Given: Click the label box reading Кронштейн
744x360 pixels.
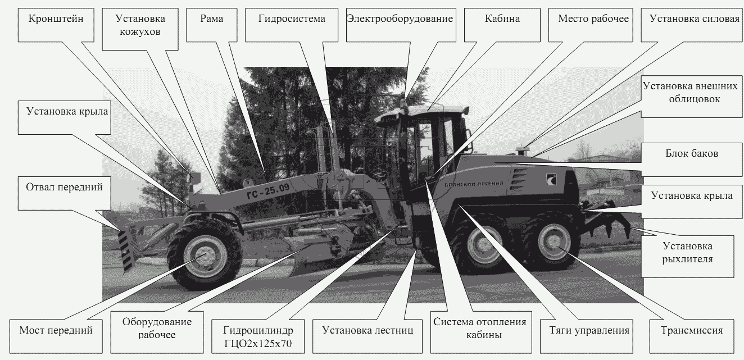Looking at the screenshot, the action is [x=56, y=25].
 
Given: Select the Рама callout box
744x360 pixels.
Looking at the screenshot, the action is [x=212, y=25].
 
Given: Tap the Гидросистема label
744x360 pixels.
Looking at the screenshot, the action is [x=292, y=25].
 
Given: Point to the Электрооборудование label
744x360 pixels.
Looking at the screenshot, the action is [x=401, y=25].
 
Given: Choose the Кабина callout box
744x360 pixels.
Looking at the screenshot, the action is [x=502, y=25].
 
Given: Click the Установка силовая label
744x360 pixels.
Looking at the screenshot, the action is [x=692, y=25].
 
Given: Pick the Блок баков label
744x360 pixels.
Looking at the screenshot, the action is [x=692, y=160].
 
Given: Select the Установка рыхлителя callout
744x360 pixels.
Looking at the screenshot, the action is [x=687, y=257].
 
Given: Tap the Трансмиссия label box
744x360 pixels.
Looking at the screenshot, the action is [x=692, y=336].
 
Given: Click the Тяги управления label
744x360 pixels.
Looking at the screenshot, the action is [x=586, y=336].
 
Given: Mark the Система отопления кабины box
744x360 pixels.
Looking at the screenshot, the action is [x=481, y=332].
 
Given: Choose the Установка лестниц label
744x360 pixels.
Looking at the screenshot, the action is [x=368, y=336].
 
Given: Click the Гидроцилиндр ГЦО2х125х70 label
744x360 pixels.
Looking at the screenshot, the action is [x=258, y=336].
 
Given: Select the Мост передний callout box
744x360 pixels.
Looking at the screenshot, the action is [x=56, y=336].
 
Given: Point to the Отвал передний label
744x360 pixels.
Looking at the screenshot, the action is [x=65, y=193].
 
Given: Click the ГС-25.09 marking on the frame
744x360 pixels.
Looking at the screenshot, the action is [x=268, y=191].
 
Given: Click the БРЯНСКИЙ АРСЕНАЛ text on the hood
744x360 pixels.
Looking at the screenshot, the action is [x=474, y=184].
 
